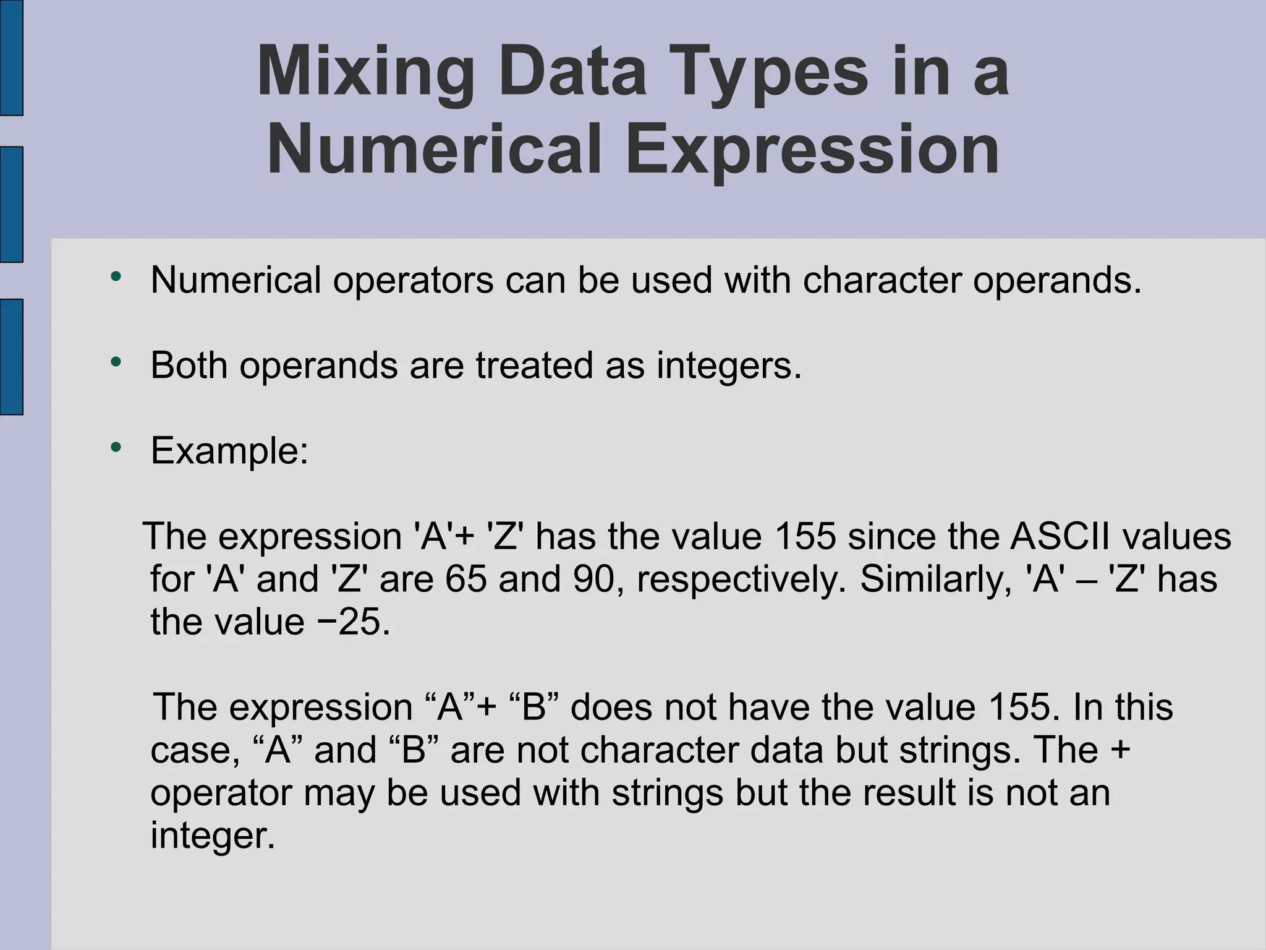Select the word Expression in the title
pos(812,150)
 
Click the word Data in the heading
pos(572,72)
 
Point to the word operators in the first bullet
pos(413,280)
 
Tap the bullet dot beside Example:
pos(116,447)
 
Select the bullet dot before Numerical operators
pos(116,276)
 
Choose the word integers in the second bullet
pos(728,366)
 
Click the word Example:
pos(229,450)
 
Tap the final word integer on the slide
pos(212,836)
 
